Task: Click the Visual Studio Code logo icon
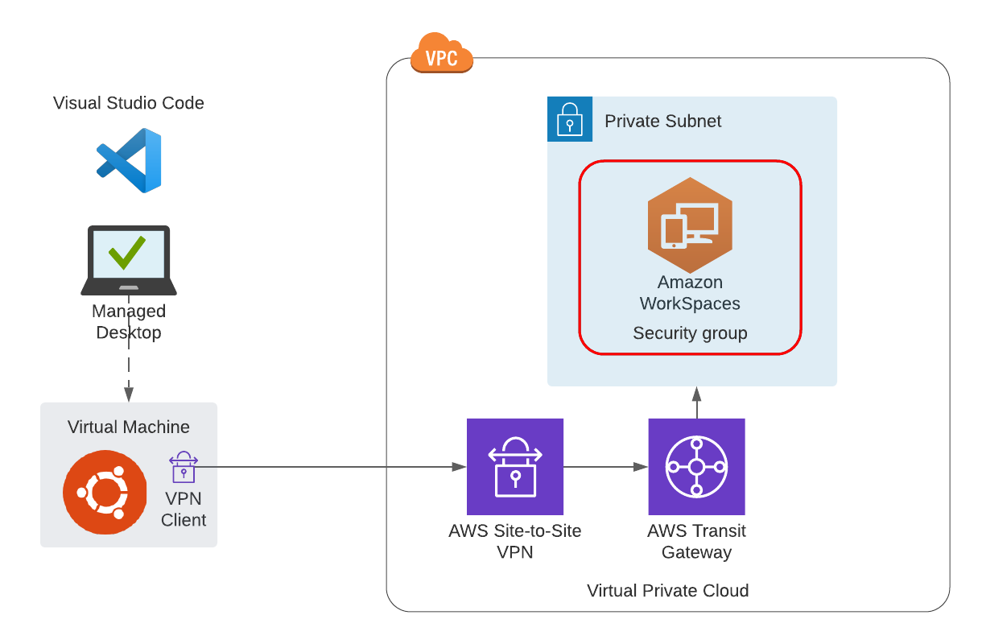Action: (x=129, y=160)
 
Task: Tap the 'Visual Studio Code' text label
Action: (x=129, y=103)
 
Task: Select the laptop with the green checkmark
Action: (x=129, y=259)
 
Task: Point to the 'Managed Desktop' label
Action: (x=129, y=321)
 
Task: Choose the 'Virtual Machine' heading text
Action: (x=129, y=427)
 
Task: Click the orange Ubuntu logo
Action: (x=105, y=492)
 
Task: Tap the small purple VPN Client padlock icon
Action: (x=184, y=467)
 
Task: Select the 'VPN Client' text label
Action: (x=184, y=510)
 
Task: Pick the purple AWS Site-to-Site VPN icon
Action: (x=515, y=467)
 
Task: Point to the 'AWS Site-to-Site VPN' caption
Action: (x=515, y=541)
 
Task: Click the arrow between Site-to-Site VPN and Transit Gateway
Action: (x=605, y=467)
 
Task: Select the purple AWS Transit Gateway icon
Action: (x=696, y=467)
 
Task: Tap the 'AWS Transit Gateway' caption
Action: (x=696, y=541)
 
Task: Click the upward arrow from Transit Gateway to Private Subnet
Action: (x=696, y=402)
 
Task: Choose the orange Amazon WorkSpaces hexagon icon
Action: (x=690, y=225)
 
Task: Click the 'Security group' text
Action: (x=690, y=333)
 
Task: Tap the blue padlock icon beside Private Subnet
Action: (x=570, y=119)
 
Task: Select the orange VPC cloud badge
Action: (x=441, y=55)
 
